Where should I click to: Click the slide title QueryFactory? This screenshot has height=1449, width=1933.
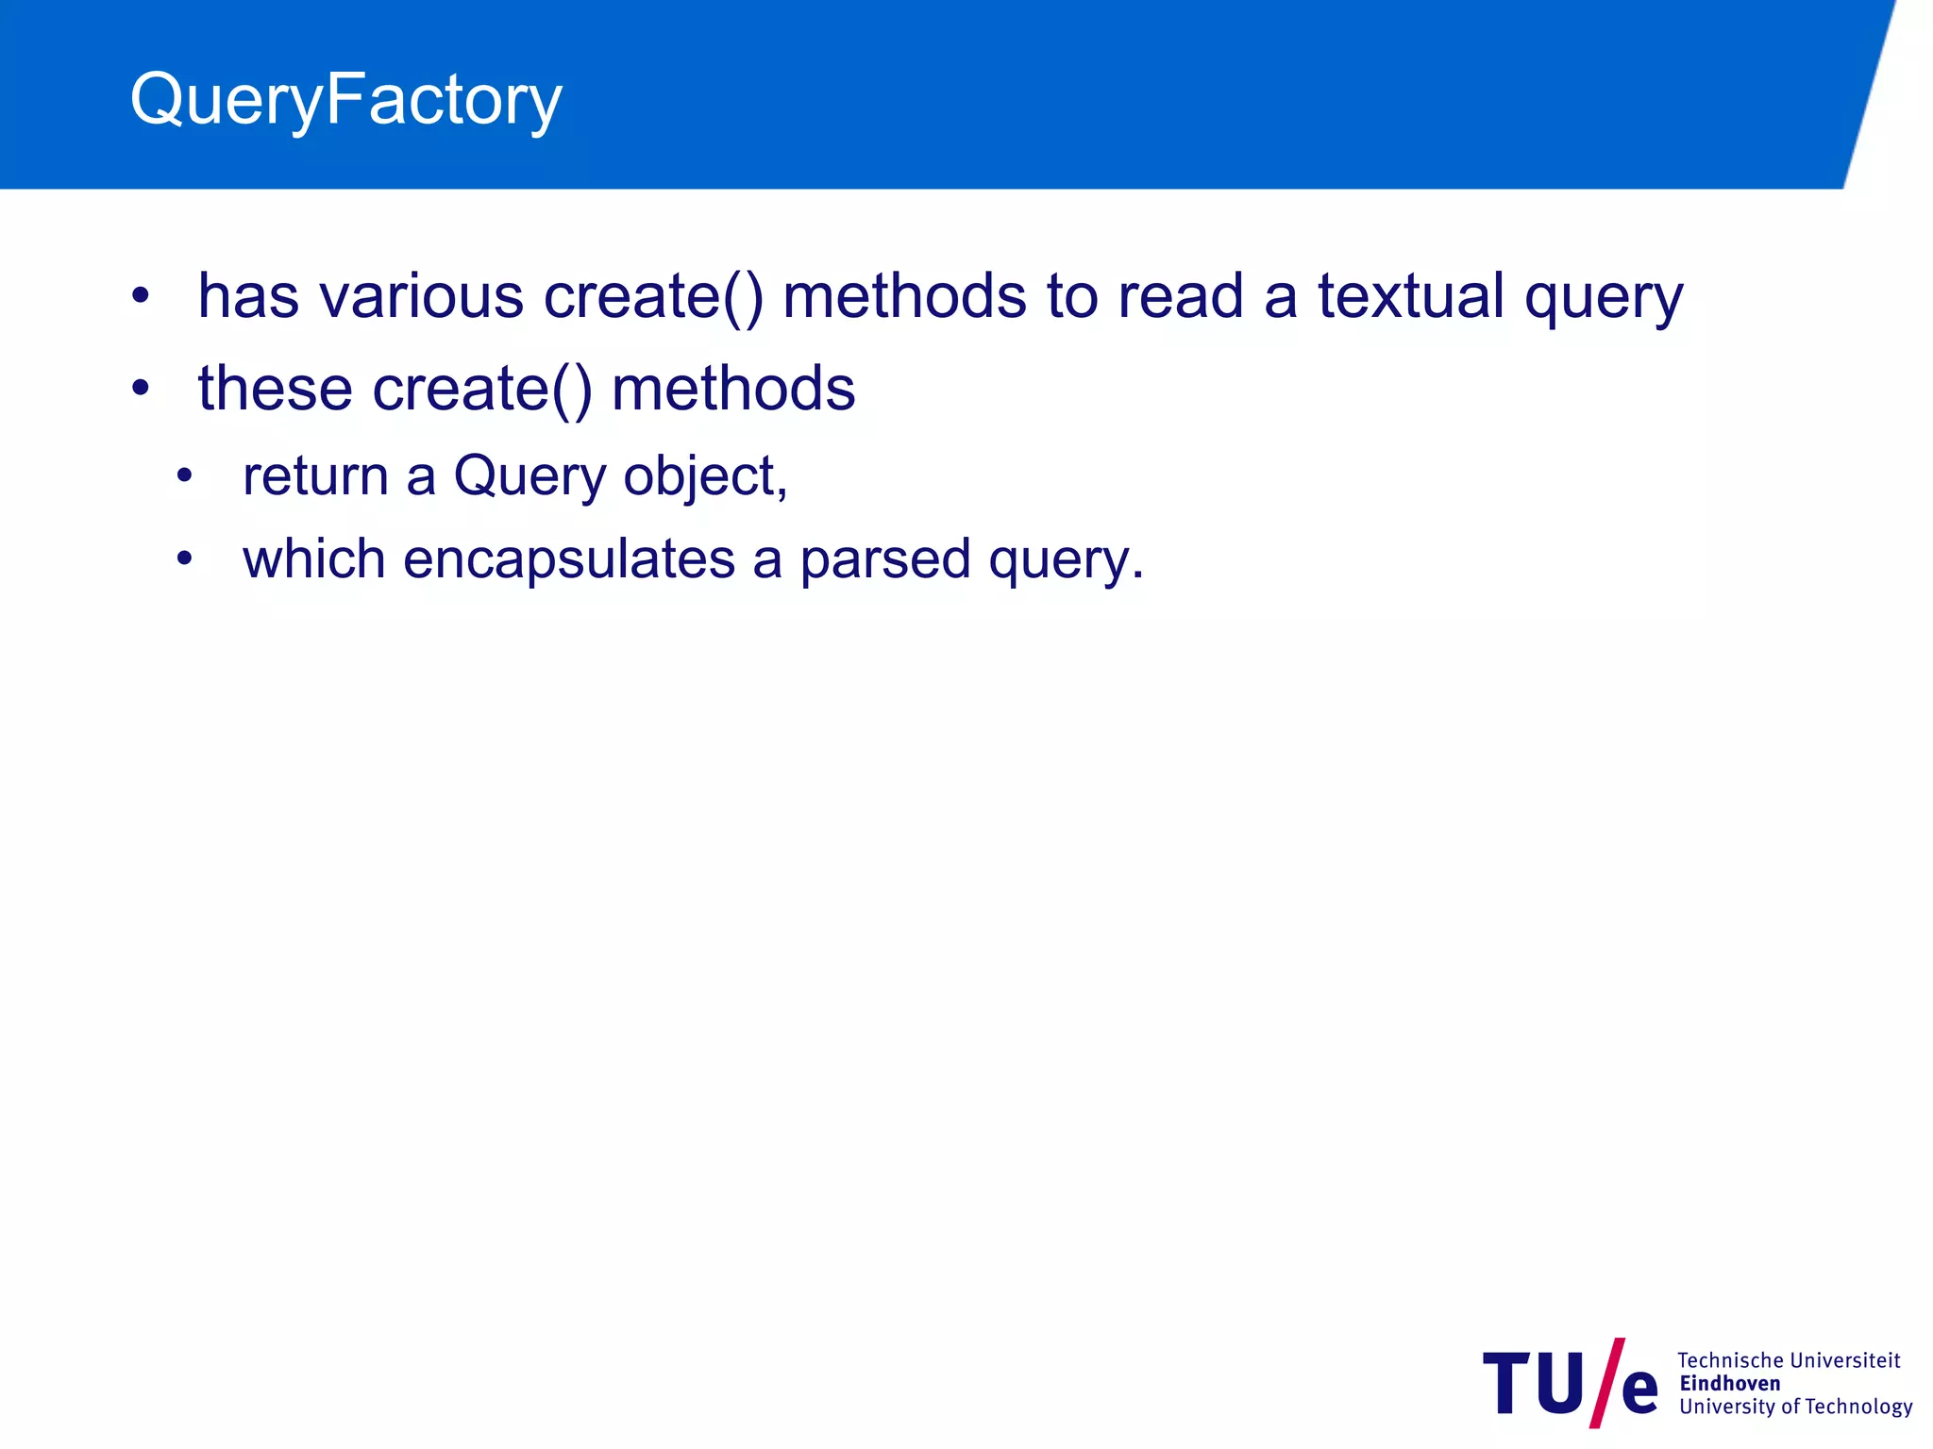(345, 100)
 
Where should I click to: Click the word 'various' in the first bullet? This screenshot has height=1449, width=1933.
(421, 296)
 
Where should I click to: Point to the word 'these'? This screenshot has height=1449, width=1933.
(275, 389)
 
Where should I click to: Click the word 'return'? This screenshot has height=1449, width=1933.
(315, 475)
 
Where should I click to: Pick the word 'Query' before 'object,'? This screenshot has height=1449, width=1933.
(529, 477)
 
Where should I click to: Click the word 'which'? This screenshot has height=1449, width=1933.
(313, 558)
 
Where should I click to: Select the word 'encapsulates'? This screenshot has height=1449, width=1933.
(568, 560)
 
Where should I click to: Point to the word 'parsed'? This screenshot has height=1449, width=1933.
(885, 560)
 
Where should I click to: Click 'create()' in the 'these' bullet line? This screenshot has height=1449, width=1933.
(482, 391)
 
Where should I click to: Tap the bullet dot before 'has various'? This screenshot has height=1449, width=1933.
(141, 296)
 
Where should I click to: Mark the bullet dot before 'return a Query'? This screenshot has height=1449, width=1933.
(184, 475)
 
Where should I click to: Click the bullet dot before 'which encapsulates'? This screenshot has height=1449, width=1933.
(184, 558)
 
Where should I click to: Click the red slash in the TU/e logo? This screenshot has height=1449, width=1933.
(1606, 1382)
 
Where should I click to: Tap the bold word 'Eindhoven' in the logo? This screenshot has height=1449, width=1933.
(1729, 1384)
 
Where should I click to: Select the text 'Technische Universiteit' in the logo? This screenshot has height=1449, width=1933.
(1788, 1360)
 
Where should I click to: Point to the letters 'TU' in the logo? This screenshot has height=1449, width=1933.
(1533, 1384)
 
